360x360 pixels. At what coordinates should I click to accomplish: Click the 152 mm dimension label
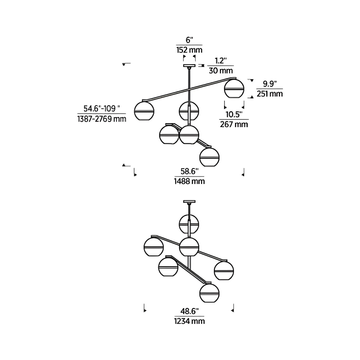click(190, 50)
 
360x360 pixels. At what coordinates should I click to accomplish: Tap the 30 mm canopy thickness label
click(221, 70)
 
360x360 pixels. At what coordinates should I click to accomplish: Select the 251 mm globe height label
click(270, 94)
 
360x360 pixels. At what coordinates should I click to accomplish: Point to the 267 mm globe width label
click(234, 124)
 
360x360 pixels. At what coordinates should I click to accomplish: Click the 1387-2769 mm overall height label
click(102, 119)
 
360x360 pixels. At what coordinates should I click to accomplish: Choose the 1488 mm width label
click(190, 181)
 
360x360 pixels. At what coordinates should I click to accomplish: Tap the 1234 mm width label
click(190, 321)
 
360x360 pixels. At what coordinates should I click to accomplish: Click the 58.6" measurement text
click(190, 171)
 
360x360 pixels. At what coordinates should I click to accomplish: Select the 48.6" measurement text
click(190, 311)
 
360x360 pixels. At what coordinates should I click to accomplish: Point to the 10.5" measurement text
click(234, 114)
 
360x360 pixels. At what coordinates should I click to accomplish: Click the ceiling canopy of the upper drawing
click(189, 66)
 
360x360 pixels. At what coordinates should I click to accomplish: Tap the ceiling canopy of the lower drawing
click(189, 201)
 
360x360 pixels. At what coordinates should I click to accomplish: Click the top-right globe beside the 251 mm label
click(234, 89)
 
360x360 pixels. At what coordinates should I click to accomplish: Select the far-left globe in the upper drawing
click(144, 111)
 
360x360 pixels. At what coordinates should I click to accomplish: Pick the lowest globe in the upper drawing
click(210, 157)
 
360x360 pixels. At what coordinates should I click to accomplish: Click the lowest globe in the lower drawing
click(210, 293)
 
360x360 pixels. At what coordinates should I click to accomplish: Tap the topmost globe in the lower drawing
click(189, 224)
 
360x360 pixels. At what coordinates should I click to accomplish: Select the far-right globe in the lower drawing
click(224, 271)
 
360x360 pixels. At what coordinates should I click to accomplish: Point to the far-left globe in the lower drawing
click(154, 247)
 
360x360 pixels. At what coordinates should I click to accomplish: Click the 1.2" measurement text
click(221, 61)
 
